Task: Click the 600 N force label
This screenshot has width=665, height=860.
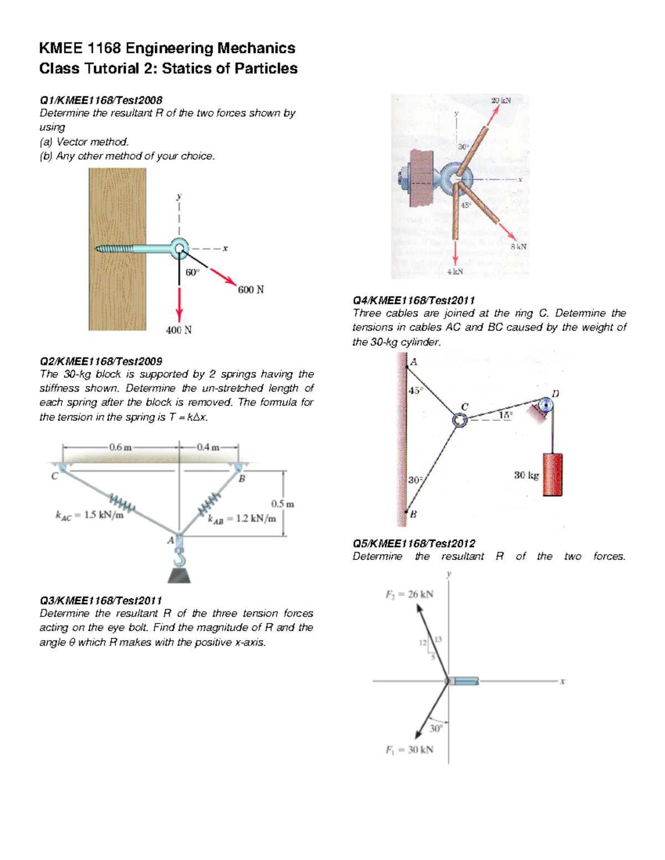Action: tap(250, 290)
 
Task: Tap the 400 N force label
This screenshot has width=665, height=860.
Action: tap(178, 330)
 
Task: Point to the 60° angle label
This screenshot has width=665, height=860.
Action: tap(192, 272)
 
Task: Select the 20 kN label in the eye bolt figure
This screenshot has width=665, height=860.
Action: tap(500, 100)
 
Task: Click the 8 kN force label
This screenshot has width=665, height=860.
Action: tap(518, 246)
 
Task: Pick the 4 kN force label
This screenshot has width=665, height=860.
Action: tap(454, 271)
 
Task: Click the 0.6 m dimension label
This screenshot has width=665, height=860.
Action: tap(120, 447)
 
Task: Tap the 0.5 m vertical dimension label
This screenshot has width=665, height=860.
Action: tap(283, 504)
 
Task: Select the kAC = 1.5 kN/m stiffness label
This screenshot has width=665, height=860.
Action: tap(89, 516)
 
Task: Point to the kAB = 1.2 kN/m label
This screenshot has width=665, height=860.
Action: tap(242, 519)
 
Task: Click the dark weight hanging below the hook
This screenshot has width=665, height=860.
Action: tap(179, 575)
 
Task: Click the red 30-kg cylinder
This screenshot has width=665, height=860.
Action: tap(552, 475)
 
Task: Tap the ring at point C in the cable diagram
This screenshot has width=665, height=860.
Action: tap(460, 420)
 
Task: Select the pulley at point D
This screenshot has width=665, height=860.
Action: tap(546, 405)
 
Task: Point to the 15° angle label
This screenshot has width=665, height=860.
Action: tap(505, 414)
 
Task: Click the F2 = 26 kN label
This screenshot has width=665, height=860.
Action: tap(410, 594)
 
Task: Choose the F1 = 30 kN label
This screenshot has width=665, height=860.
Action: tap(410, 750)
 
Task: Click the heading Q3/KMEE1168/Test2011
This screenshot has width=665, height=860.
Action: tap(101, 600)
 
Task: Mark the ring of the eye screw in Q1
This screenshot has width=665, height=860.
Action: tap(179, 248)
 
